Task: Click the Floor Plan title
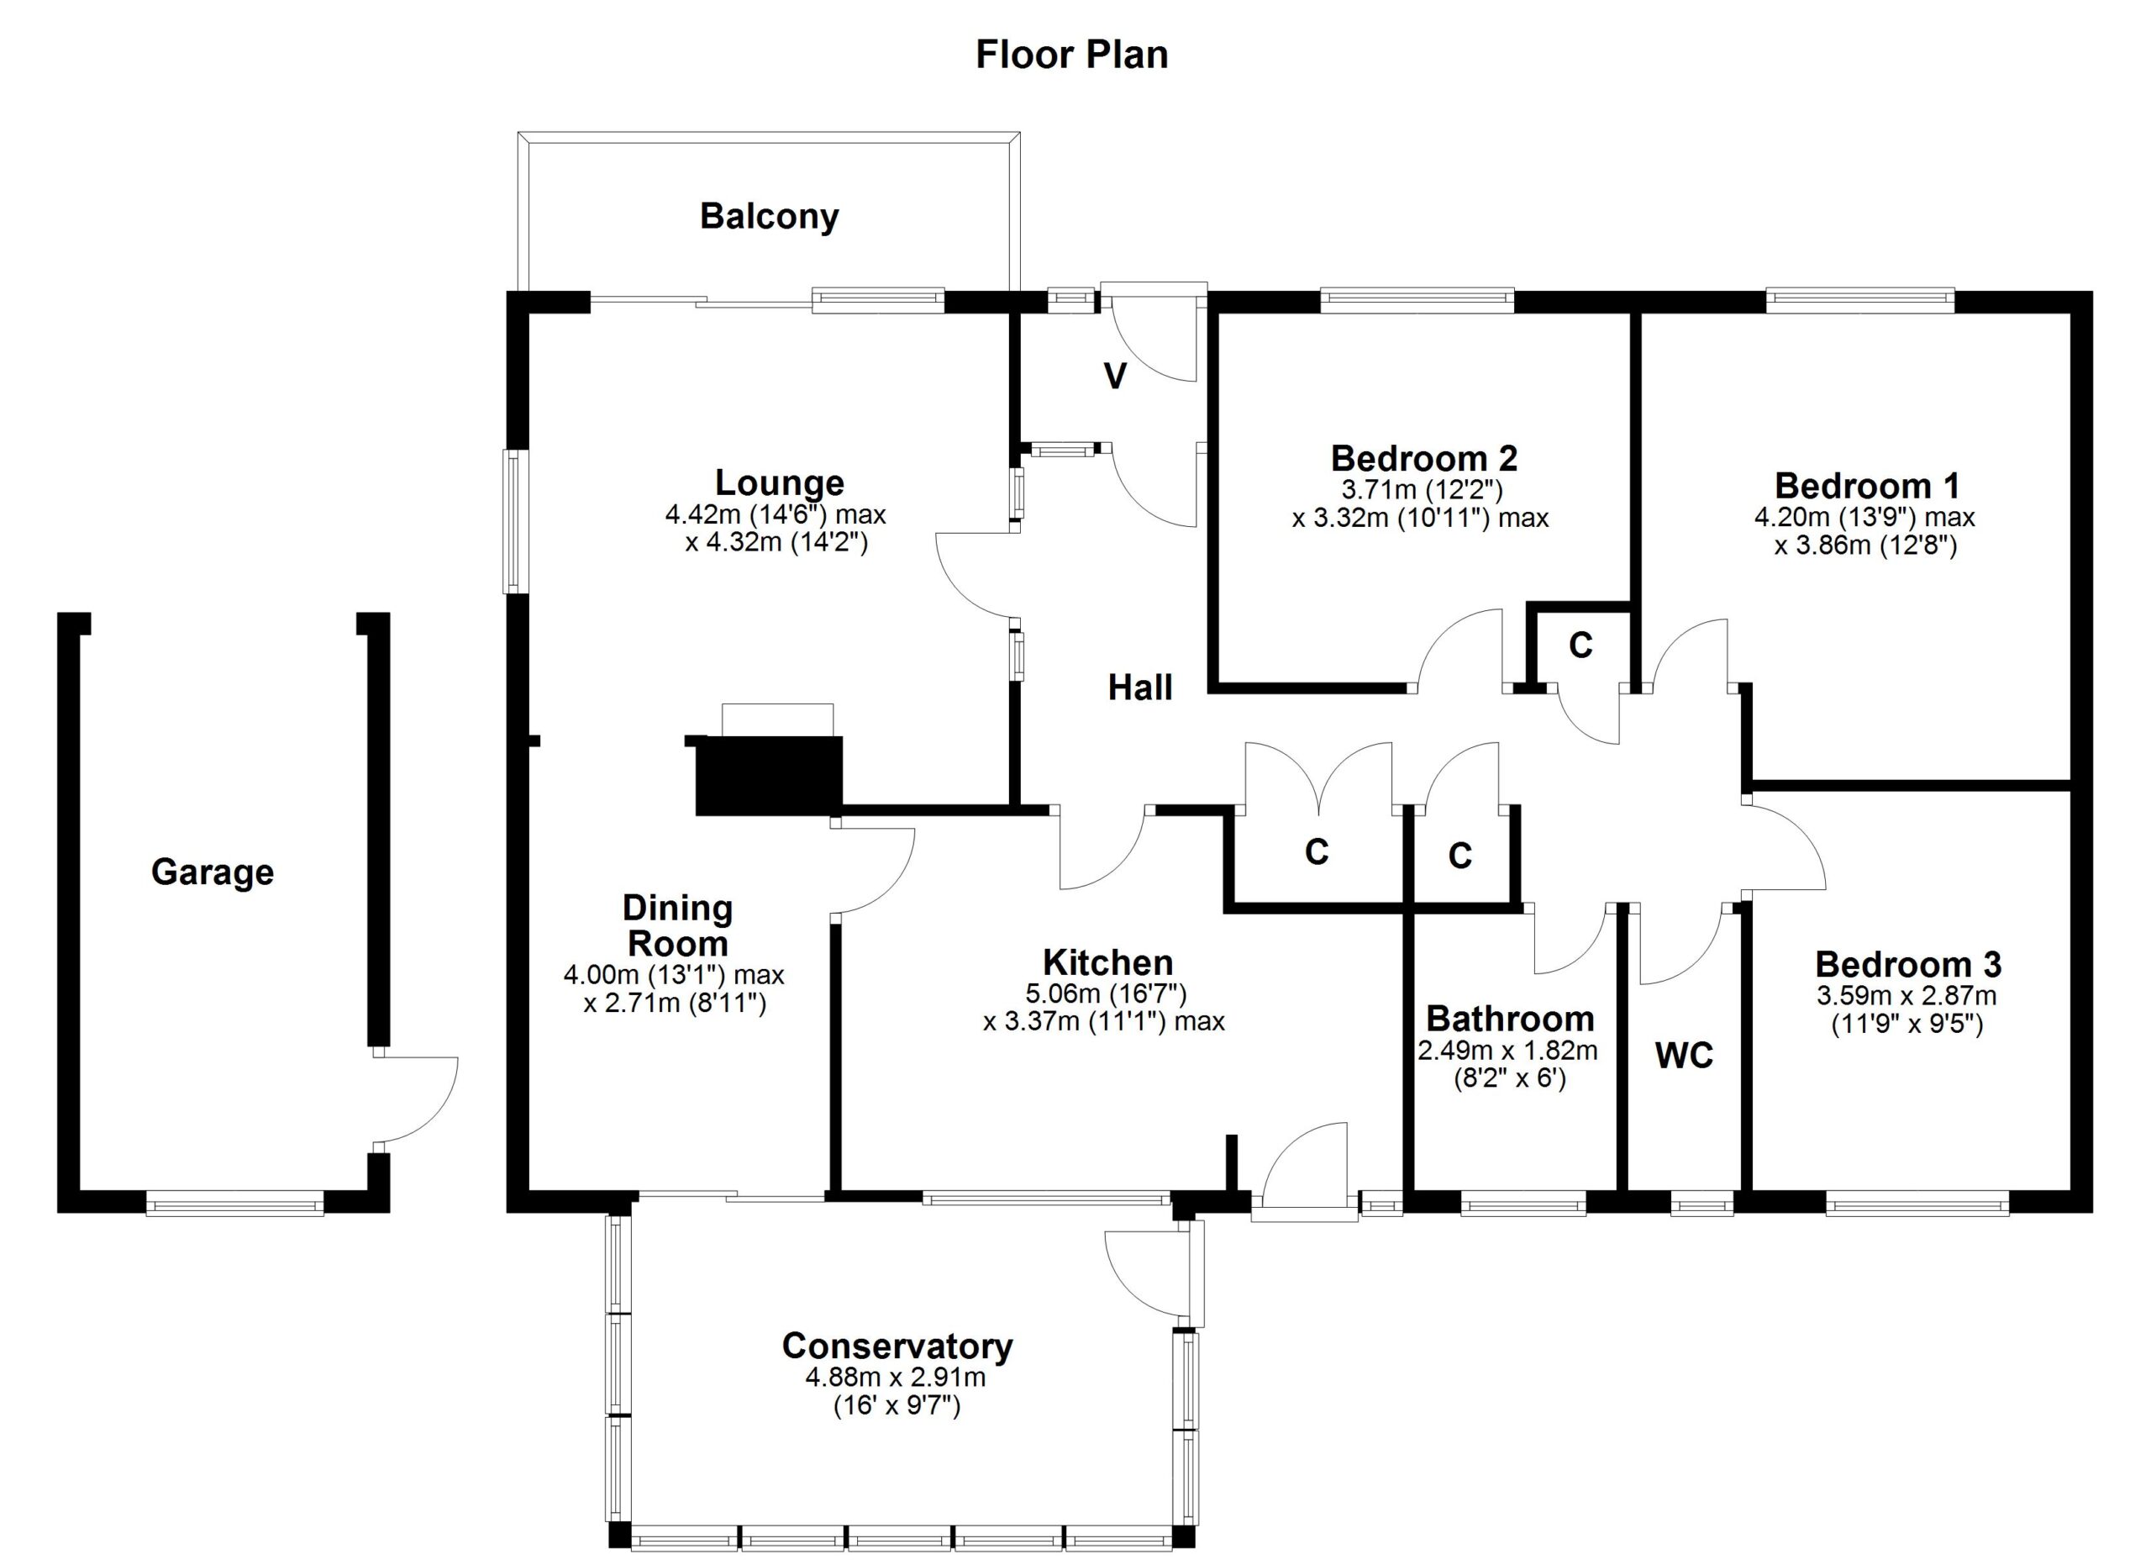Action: (1071, 55)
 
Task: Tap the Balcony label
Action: (769, 217)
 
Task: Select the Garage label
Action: (213, 872)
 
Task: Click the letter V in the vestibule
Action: (1115, 377)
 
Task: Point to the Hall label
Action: (1140, 687)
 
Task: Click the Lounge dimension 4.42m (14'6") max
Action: (775, 515)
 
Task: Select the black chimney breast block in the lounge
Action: (768, 775)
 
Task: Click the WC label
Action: (1685, 1056)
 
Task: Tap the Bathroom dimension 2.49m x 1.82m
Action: (1508, 1051)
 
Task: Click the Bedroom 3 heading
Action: (1908, 965)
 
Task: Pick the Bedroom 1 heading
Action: (1866, 487)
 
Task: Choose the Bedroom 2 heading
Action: (1423, 459)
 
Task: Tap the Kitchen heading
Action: (1107, 962)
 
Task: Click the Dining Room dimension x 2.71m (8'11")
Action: (675, 1004)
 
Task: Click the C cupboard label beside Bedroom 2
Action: (1580, 645)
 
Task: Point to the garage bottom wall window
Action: (235, 1205)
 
